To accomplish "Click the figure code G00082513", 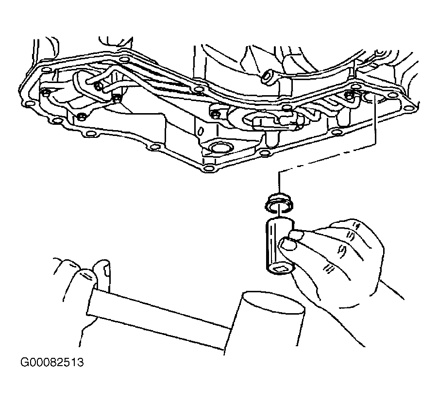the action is point(52,362).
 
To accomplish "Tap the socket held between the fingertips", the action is point(280,246).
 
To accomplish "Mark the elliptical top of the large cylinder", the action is point(274,303).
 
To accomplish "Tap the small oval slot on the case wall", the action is point(201,131).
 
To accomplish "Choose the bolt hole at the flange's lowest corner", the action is point(207,168).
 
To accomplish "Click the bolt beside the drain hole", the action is point(349,94).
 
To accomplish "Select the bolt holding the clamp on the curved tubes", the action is point(98,86).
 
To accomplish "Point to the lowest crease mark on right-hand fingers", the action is point(328,269).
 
